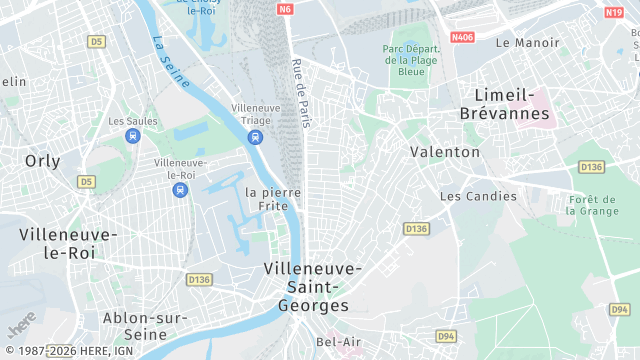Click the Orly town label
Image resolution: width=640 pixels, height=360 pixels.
point(42,160)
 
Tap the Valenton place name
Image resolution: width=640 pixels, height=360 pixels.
point(445,152)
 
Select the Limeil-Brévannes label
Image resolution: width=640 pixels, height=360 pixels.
point(505,104)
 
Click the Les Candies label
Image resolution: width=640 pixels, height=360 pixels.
point(479,196)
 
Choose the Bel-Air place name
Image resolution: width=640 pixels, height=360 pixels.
point(338,341)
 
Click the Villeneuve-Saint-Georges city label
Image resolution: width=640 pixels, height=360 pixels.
point(306,287)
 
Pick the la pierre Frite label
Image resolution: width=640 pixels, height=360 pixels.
point(273,198)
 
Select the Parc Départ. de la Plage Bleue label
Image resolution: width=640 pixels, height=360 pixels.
point(411,60)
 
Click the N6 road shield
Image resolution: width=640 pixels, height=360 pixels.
point(286,9)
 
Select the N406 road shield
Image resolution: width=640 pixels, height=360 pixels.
point(462,37)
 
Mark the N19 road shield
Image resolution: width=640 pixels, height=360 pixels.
point(614,12)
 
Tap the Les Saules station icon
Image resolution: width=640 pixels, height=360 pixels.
point(132,136)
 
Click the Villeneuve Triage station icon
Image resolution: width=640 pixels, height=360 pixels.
point(256,137)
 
